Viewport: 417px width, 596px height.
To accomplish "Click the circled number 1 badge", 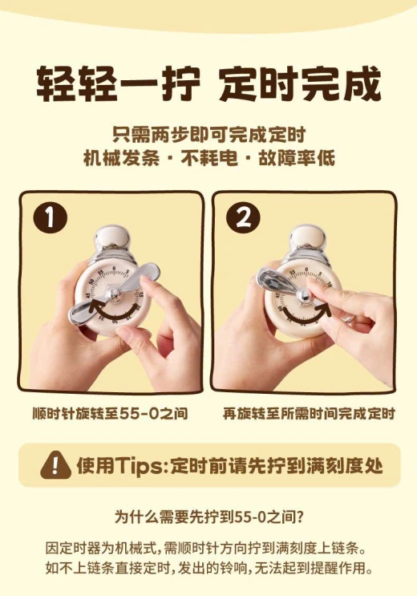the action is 50,218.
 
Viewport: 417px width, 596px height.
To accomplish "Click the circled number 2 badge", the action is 243,218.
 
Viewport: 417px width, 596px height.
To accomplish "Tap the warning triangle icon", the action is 55,465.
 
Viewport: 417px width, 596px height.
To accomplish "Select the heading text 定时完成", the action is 300,83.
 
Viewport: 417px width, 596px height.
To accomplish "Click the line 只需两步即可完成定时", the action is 208,135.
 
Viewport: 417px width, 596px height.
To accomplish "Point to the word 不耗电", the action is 208,158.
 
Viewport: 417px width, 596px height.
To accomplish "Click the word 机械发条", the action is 121,158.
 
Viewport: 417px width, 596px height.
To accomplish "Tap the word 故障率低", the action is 296,158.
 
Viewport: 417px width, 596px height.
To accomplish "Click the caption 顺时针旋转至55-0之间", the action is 110,414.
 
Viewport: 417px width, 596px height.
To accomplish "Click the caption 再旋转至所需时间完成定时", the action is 309,414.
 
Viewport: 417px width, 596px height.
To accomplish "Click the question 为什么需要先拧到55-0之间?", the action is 208,517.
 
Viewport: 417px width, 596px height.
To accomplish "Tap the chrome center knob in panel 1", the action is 114,294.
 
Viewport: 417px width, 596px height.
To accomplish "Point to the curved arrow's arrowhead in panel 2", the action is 327,306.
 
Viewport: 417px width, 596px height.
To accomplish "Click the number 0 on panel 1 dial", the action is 114,269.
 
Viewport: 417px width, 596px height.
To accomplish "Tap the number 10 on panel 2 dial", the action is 329,284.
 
